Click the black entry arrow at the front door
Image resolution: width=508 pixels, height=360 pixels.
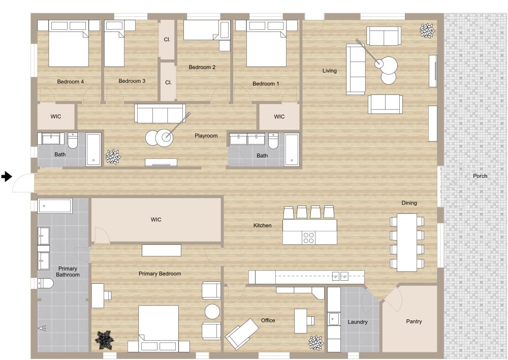pos(7,177)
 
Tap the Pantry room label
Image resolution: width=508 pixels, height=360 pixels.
pos(414,321)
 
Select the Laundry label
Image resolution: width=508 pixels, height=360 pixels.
pos(357,322)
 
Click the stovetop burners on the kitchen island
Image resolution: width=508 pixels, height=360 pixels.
pos(308,238)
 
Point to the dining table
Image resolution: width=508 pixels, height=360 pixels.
pos(407,242)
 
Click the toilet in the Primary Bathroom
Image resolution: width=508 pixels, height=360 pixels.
pos(45,284)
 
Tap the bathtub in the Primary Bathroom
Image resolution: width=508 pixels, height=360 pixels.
pos(54,206)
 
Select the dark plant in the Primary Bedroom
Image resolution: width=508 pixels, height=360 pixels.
pos(104,340)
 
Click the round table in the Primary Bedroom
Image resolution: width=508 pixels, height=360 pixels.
pos(212,311)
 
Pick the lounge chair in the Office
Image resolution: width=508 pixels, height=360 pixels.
pos(242,334)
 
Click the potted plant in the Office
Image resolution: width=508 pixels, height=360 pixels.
pos(316,343)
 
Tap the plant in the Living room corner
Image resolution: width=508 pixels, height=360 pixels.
pos(427,31)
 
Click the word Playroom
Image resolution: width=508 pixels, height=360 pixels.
pos(206,136)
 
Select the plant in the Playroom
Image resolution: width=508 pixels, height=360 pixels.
pos(113,157)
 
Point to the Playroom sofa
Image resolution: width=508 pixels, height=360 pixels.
pos(160,113)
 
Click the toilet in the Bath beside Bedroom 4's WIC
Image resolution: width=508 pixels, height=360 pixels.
pos(73,140)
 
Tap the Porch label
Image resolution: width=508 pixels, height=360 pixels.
pos(480,176)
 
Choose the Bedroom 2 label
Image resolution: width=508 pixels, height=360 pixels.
pos(202,68)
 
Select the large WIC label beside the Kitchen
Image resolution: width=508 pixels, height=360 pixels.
pos(156,219)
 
